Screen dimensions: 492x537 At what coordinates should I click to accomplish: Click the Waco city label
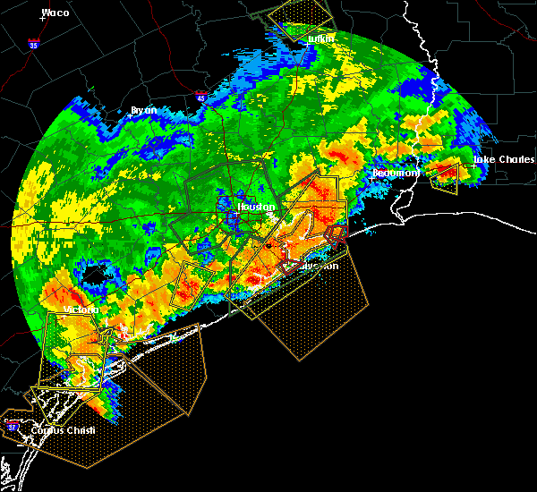[x=55, y=13]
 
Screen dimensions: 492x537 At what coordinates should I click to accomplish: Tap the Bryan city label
[x=143, y=110]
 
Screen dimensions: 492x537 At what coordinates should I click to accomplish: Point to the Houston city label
[x=257, y=207]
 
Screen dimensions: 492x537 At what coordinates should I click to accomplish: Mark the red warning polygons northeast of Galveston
[x=335, y=234]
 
